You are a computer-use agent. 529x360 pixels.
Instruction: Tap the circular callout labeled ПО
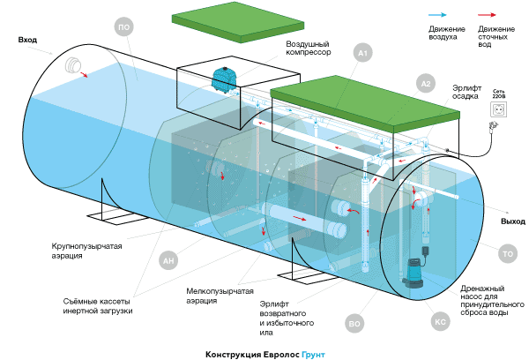click(x=124, y=28)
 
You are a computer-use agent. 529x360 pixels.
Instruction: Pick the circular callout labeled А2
click(x=425, y=84)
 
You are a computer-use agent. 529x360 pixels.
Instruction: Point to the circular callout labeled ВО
click(x=355, y=324)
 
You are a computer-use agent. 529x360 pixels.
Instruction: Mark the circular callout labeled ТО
click(x=507, y=255)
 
